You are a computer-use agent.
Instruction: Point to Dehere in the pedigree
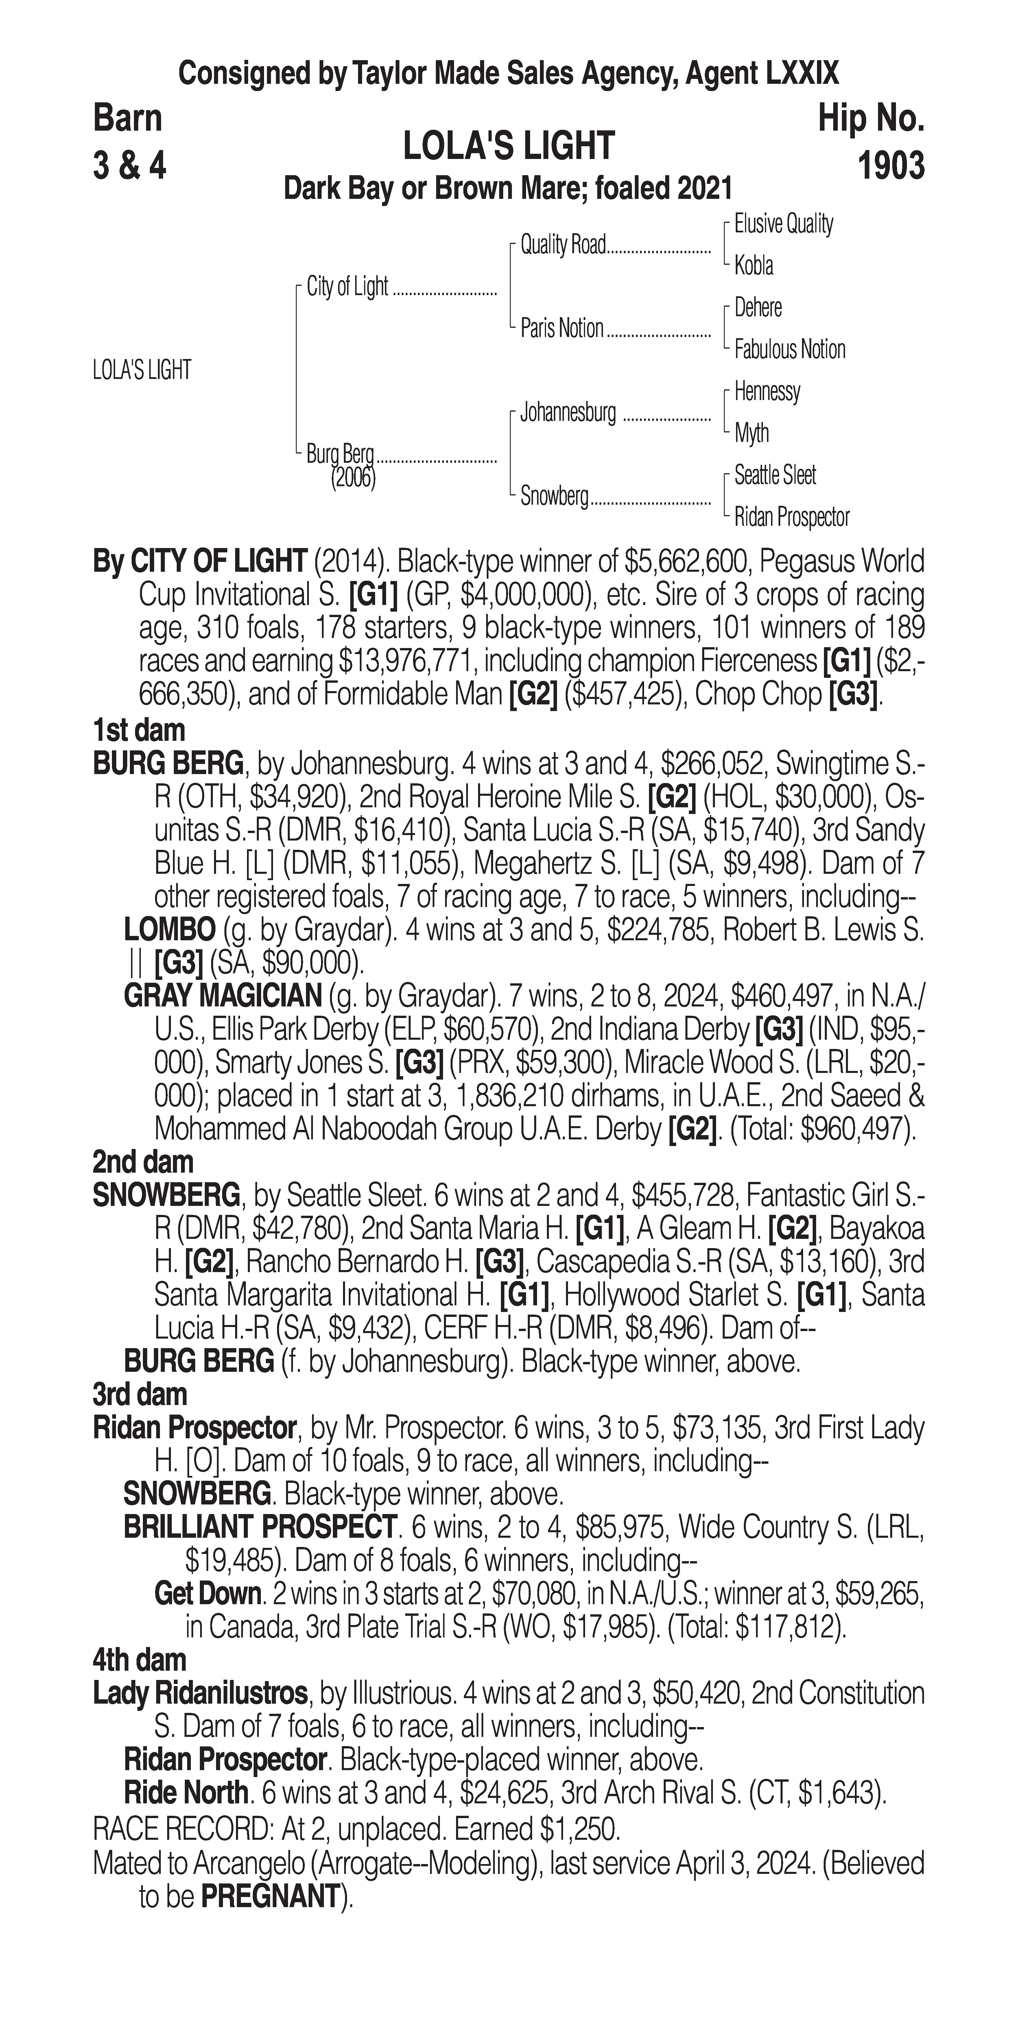point(758,308)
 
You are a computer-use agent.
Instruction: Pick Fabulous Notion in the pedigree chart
point(789,349)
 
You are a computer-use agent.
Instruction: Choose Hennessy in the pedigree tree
point(767,391)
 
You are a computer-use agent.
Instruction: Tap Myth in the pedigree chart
point(751,433)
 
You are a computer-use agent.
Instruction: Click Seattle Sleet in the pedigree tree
point(775,475)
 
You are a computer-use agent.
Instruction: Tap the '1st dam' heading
point(139,730)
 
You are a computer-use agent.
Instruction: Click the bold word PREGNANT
point(270,1896)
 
